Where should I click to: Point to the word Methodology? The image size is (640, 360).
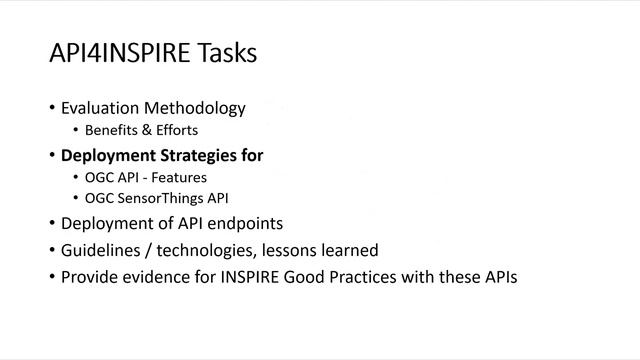point(196,108)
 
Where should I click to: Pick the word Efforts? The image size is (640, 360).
point(175,130)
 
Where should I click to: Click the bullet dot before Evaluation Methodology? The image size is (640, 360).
point(52,108)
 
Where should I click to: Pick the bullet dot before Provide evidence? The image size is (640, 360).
point(52,277)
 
